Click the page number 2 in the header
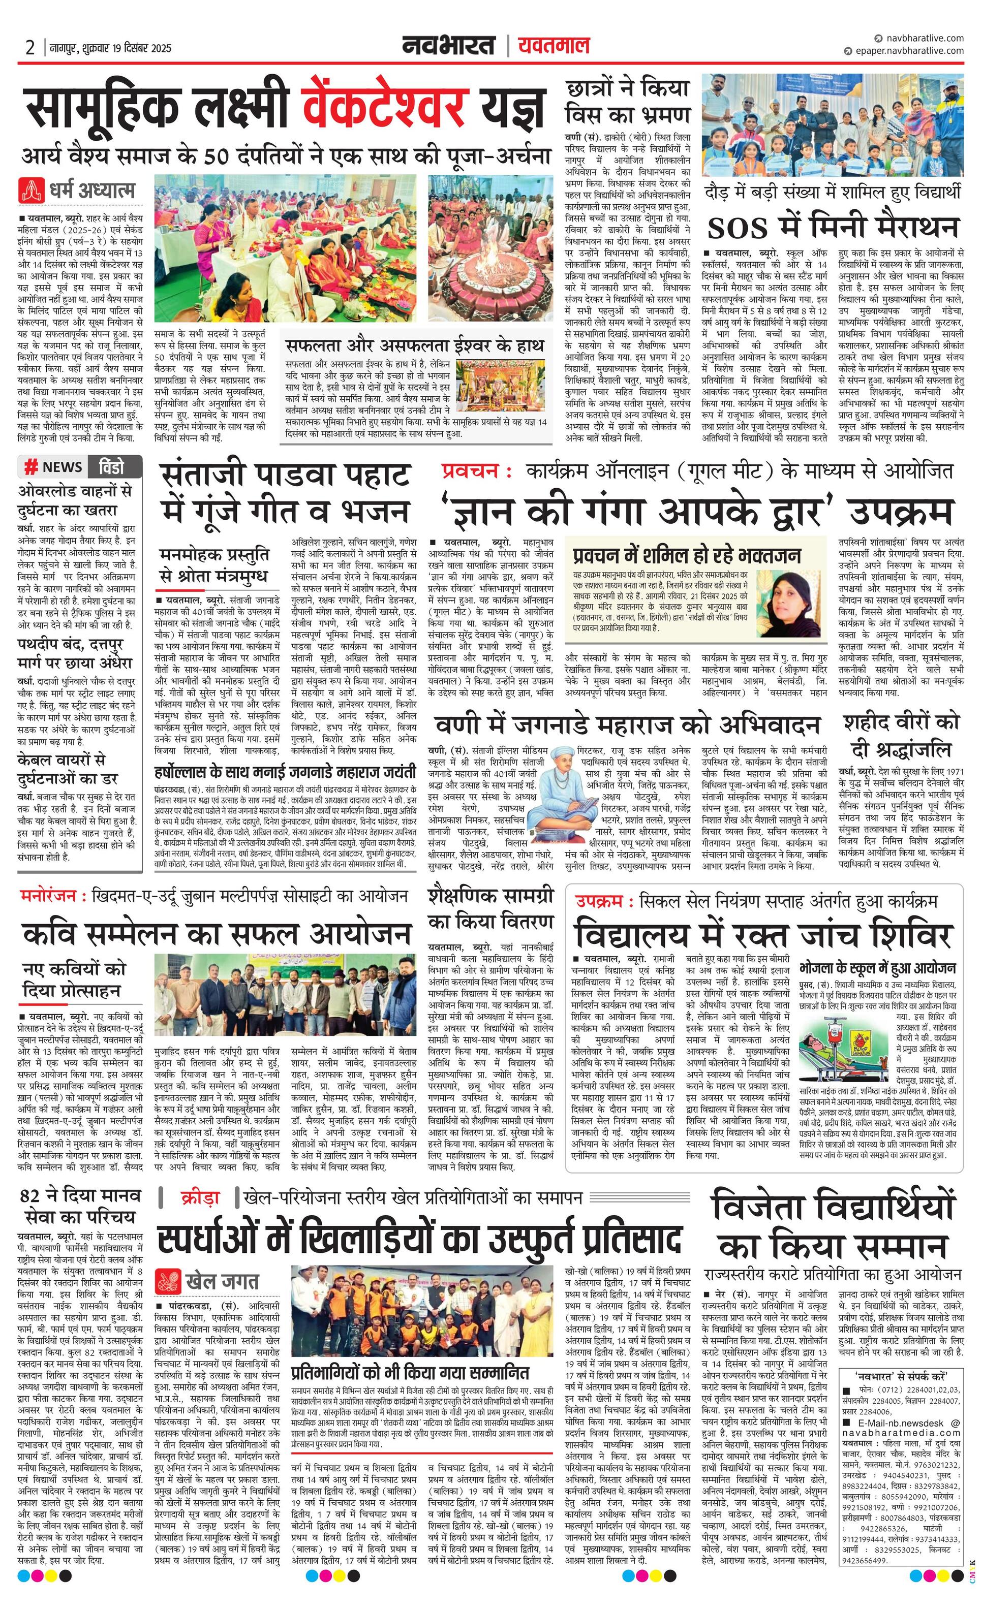point(29,48)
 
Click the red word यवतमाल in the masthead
point(553,45)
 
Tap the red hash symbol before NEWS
point(30,467)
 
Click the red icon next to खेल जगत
point(169,1281)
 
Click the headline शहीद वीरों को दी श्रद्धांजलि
point(900,735)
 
